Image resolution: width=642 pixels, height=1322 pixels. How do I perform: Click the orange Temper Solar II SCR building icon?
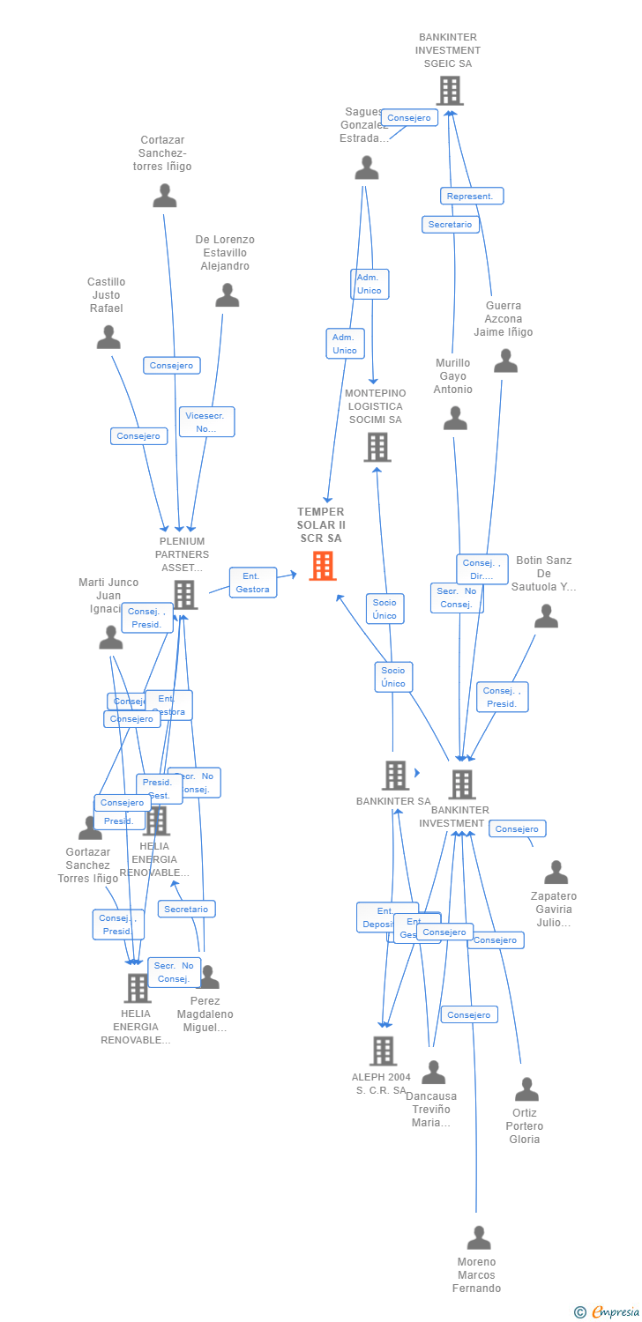pos(323,566)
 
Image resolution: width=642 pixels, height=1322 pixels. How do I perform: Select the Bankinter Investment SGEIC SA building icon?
pos(450,91)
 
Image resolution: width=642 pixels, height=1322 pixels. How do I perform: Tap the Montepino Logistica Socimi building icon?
pos(377,447)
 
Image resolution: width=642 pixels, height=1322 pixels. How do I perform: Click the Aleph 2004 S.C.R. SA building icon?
pos(383,1051)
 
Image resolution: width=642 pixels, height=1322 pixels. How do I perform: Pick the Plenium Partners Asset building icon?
pos(184,595)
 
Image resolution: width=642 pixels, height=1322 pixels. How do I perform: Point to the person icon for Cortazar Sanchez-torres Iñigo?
pos(165,196)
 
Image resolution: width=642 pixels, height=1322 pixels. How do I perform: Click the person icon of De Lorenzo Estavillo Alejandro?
pos(228,295)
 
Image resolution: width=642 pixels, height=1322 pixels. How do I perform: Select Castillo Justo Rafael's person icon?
pos(108,337)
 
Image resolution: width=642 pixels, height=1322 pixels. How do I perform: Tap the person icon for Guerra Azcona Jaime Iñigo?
pos(505,360)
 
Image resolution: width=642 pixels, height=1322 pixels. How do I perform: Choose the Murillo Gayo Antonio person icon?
pos(455,418)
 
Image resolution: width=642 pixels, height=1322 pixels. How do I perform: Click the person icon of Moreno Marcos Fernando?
pos(479,1237)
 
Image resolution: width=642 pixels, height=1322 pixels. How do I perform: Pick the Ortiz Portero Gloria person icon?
pos(526,1089)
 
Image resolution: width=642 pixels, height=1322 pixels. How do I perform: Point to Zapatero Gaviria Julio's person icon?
pos(556,873)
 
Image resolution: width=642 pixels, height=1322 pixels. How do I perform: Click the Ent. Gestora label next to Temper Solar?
pos(253,583)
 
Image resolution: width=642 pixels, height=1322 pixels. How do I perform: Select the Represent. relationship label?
pos(472,196)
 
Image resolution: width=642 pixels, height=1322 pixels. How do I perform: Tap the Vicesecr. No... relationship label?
pos(207,421)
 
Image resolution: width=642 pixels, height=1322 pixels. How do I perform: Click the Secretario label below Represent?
pos(450,225)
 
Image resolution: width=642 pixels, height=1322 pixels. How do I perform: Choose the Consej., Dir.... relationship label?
pos(482,569)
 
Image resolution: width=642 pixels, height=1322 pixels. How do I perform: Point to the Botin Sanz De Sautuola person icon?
pos(547,616)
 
